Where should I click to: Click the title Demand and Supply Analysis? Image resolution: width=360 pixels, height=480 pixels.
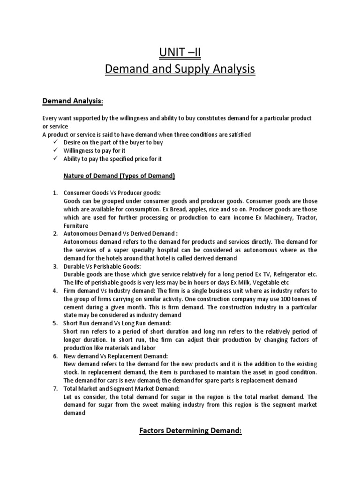point(180,69)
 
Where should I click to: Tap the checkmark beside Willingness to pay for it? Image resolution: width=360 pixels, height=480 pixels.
point(55,150)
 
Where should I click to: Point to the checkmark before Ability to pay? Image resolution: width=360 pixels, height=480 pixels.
point(55,159)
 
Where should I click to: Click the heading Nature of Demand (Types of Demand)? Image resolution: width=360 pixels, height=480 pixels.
point(119,176)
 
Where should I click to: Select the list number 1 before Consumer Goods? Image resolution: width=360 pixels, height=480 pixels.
point(55,193)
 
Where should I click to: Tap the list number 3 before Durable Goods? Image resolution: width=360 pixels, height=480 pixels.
point(55,266)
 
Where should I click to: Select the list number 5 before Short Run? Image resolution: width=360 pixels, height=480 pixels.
point(55,323)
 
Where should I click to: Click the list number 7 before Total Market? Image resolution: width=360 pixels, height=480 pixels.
point(55,389)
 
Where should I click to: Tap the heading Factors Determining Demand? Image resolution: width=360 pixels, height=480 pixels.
point(190,431)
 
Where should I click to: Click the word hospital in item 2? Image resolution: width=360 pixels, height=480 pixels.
point(170,250)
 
